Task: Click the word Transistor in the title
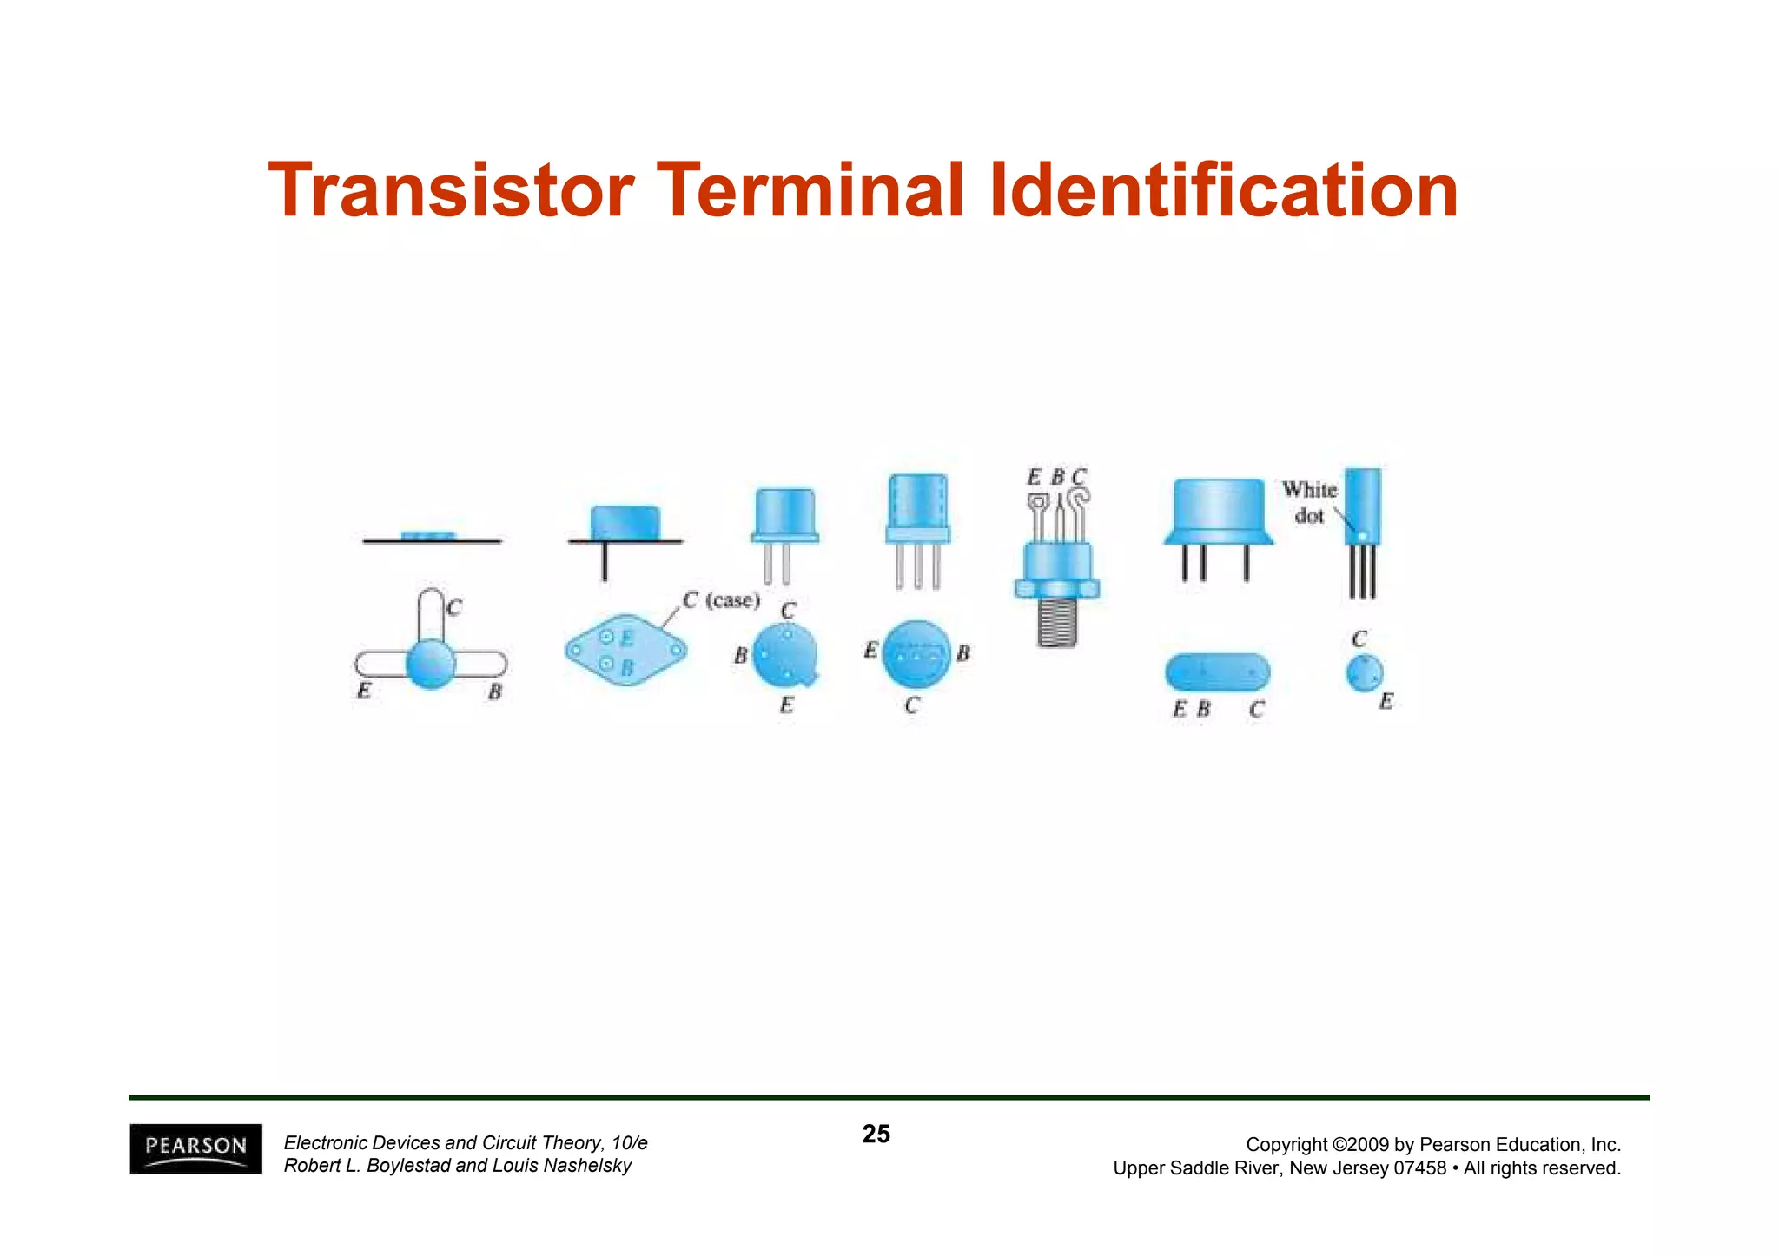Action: coord(451,190)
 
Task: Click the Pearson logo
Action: coord(195,1148)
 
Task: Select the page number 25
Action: coord(876,1134)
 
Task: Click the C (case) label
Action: coord(721,600)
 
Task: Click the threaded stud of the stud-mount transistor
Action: coord(1057,622)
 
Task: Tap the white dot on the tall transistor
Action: coord(1361,535)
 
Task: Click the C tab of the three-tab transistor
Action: coord(431,612)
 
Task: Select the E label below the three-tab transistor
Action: coord(364,691)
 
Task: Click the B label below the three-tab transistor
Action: coord(494,692)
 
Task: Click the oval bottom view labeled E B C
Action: coord(1217,672)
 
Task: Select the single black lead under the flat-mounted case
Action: coord(605,561)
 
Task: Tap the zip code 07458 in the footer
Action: coord(1419,1168)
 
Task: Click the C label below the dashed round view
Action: coord(911,705)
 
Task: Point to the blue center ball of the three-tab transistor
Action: coord(431,665)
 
